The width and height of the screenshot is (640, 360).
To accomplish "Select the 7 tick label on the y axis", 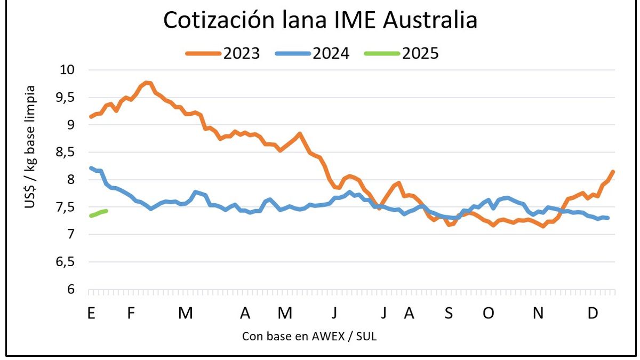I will pyautogui.click(x=74, y=234).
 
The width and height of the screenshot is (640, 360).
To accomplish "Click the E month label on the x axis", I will pyautogui.click(x=91, y=314).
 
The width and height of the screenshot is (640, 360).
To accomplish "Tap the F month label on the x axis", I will pyautogui.click(x=130, y=314).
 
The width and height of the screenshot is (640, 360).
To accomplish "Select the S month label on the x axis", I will pyautogui.click(x=449, y=314).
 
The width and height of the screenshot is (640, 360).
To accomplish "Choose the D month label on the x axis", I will pyautogui.click(x=593, y=314).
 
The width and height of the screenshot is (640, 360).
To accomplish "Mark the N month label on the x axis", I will pyautogui.click(x=538, y=314).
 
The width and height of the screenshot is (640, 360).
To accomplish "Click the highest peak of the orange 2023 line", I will pyautogui.click(x=147, y=83).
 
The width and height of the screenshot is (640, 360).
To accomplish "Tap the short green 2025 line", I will pyautogui.click(x=99, y=213).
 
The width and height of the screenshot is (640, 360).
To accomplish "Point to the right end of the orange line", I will pyautogui.click(x=613, y=172).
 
